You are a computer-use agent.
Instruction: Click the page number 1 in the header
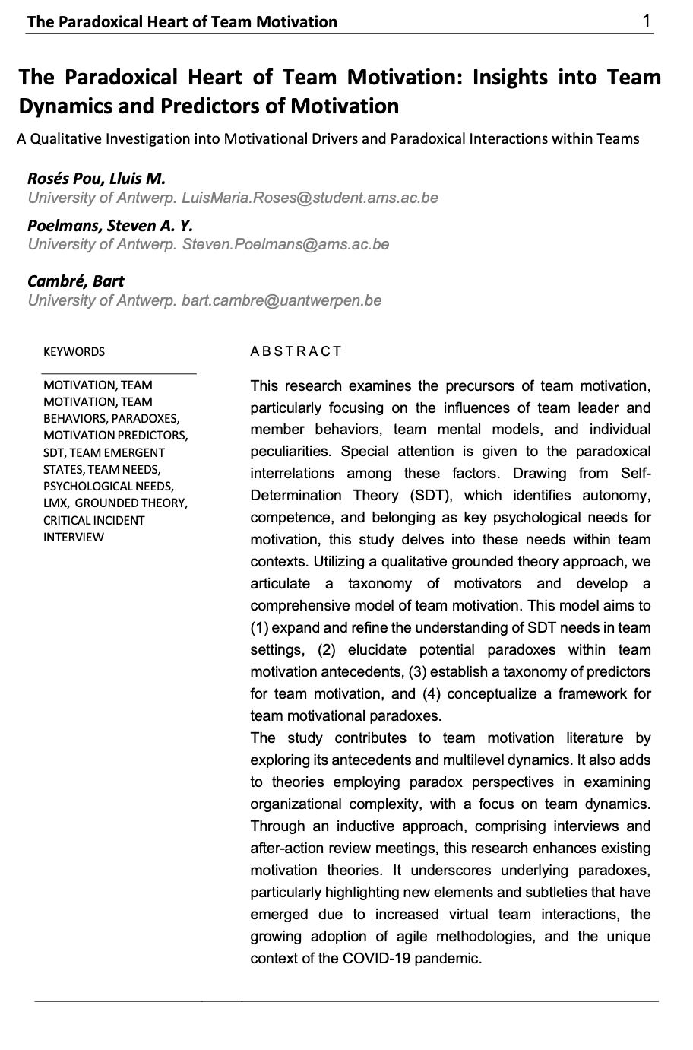[x=646, y=21]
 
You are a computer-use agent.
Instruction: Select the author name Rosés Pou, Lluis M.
[x=97, y=179]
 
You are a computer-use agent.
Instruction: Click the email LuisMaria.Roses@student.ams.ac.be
[x=310, y=198]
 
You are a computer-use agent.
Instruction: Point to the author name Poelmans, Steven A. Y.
[x=110, y=225]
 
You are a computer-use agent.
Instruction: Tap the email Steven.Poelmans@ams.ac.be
[x=286, y=244]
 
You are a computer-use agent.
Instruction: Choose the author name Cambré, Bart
[x=76, y=281]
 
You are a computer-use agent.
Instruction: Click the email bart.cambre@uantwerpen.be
[x=282, y=300]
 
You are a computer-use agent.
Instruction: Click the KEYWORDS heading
[x=74, y=351]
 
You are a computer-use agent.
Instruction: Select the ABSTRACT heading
[x=296, y=351]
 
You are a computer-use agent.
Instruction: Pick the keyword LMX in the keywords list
[x=56, y=503]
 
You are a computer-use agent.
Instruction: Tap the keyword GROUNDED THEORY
[x=131, y=503]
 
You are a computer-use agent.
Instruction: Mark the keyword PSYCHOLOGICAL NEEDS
[x=108, y=487]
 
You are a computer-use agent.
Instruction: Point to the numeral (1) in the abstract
[x=259, y=628]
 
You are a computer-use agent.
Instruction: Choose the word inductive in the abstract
[x=362, y=826]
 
